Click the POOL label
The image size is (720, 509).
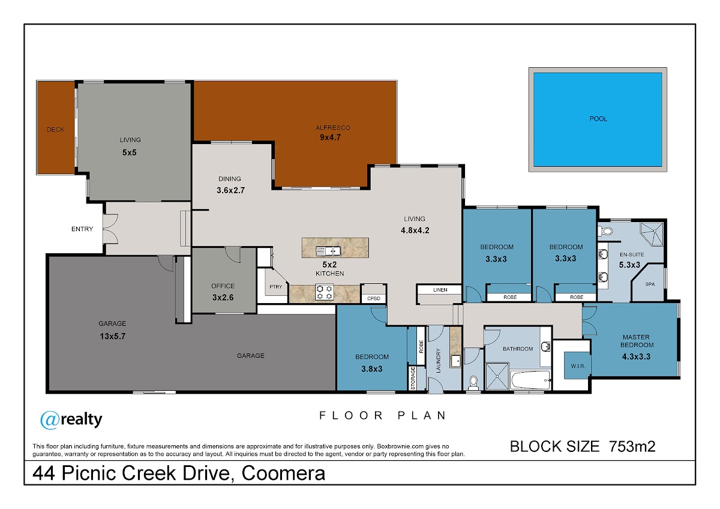tap(598, 119)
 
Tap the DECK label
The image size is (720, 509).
tap(56, 130)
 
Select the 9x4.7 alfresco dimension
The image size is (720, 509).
tap(330, 137)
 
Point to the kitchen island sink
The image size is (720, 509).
tap(328, 251)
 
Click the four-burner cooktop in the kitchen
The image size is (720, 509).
tap(325, 292)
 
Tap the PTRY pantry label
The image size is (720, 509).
tap(276, 287)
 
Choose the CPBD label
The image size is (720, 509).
tap(373, 298)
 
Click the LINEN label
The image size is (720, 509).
tap(440, 290)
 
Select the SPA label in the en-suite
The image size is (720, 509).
tap(650, 285)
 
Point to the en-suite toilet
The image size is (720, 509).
tap(605, 231)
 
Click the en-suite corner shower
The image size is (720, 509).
tap(652, 234)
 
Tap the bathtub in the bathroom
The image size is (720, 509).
tap(531, 381)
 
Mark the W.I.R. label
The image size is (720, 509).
tap(578, 366)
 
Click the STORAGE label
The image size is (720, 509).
tap(413, 378)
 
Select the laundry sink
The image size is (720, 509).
tap(456, 361)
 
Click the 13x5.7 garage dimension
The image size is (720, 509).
tap(113, 336)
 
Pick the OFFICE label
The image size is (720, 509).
tap(223, 286)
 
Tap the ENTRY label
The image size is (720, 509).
tap(82, 229)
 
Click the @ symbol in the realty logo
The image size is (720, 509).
tap(49, 420)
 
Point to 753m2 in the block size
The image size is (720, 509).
tap(632, 447)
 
